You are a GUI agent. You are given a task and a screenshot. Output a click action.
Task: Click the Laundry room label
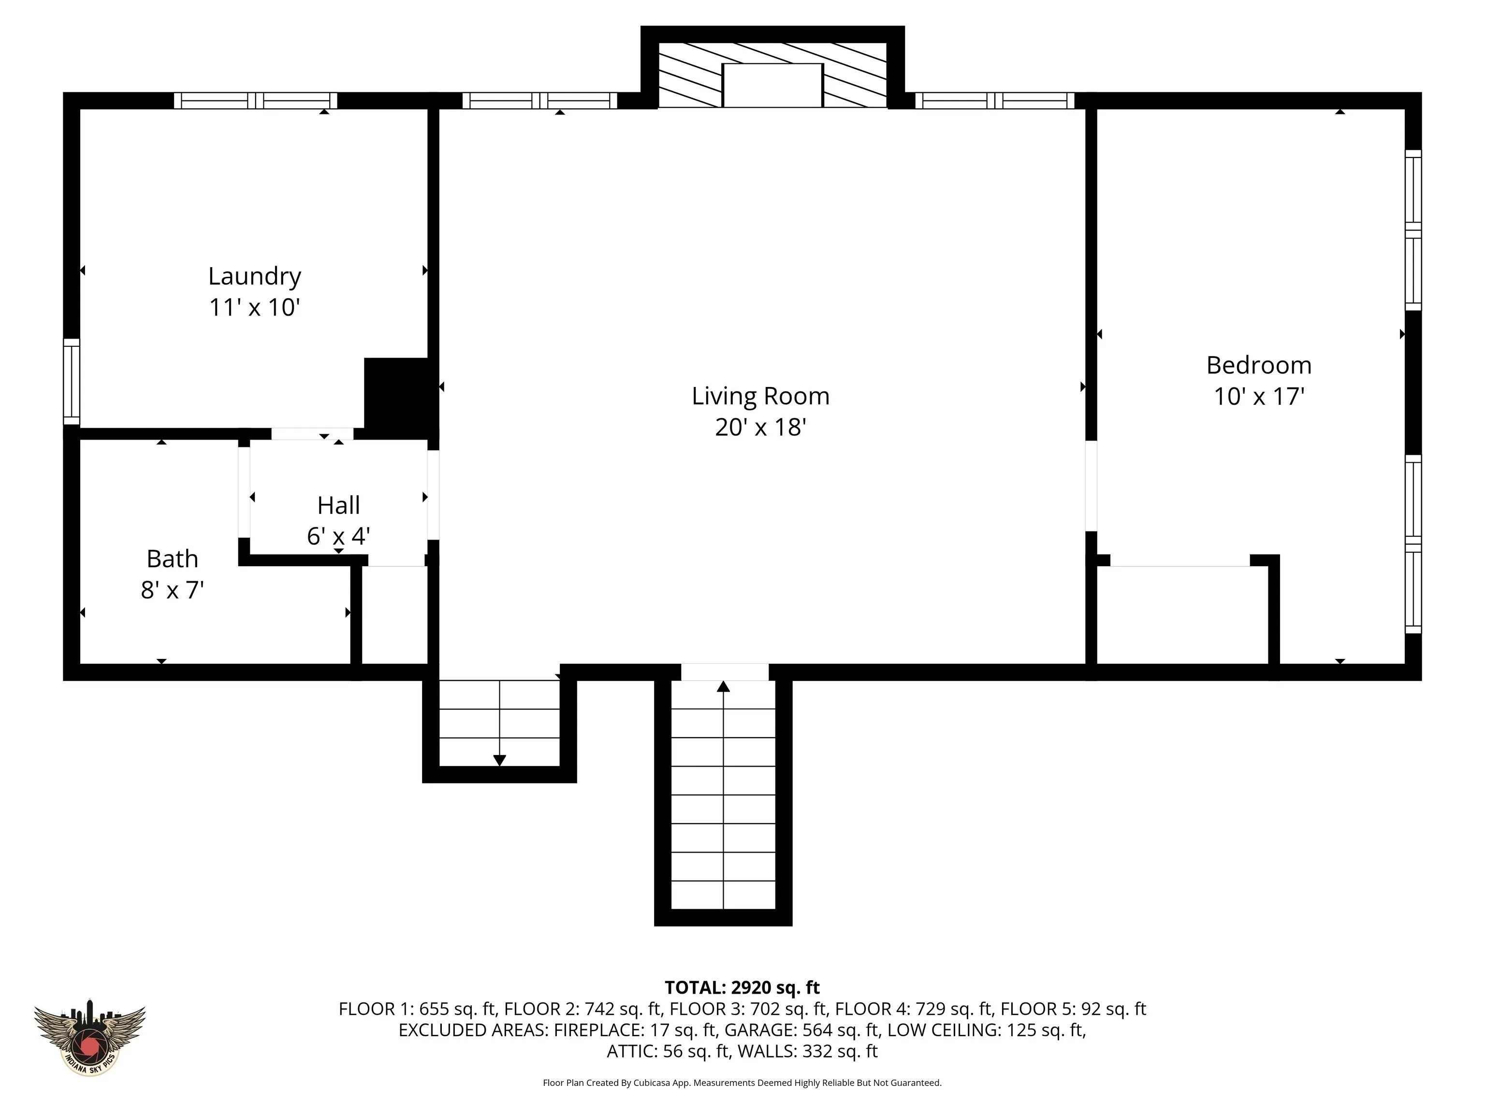click(x=254, y=276)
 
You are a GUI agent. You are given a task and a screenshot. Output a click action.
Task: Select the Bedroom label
click(x=1259, y=365)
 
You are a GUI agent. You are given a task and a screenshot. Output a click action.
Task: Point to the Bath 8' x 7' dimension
click(x=173, y=590)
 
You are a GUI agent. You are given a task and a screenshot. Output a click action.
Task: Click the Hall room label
click(x=338, y=505)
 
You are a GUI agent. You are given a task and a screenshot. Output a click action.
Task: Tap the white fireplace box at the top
click(x=772, y=85)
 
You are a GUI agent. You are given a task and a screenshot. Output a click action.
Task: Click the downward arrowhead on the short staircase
click(x=499, y=760)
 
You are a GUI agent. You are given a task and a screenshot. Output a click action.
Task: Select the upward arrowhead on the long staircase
click(x=723, y=686)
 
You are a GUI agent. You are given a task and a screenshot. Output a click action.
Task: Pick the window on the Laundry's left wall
click(x=72, y=382)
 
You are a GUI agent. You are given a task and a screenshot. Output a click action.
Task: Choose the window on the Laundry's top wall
click(x=256, y=100)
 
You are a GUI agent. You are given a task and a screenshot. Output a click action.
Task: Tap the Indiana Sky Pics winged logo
click(x=89, y=1037)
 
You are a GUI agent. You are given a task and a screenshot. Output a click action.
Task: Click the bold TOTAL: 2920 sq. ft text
click(x=742, y=987)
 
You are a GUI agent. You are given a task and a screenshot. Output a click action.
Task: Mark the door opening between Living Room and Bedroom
click(x=1092, y=485)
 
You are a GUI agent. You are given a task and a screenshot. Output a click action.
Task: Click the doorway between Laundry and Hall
click(x=312, y=434)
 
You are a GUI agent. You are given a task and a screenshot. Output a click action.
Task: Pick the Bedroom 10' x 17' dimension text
click(x=1259, y=397)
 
